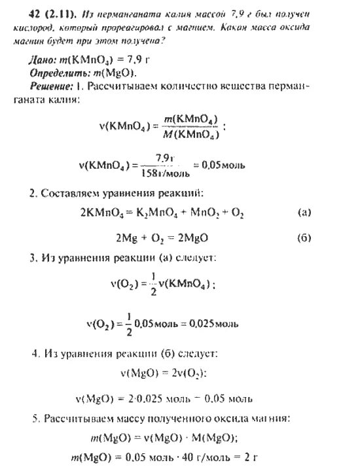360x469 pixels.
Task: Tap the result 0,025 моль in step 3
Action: [x=214, y=323]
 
